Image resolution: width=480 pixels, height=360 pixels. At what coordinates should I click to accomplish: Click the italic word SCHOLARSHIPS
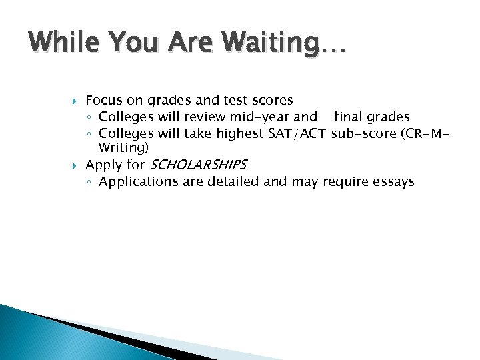point(198,164)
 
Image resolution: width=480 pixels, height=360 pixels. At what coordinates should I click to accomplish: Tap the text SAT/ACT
point(297,134)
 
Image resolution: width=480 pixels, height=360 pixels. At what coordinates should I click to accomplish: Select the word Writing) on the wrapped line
point(124,147)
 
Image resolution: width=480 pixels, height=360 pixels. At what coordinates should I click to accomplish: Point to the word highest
point(240,134)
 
